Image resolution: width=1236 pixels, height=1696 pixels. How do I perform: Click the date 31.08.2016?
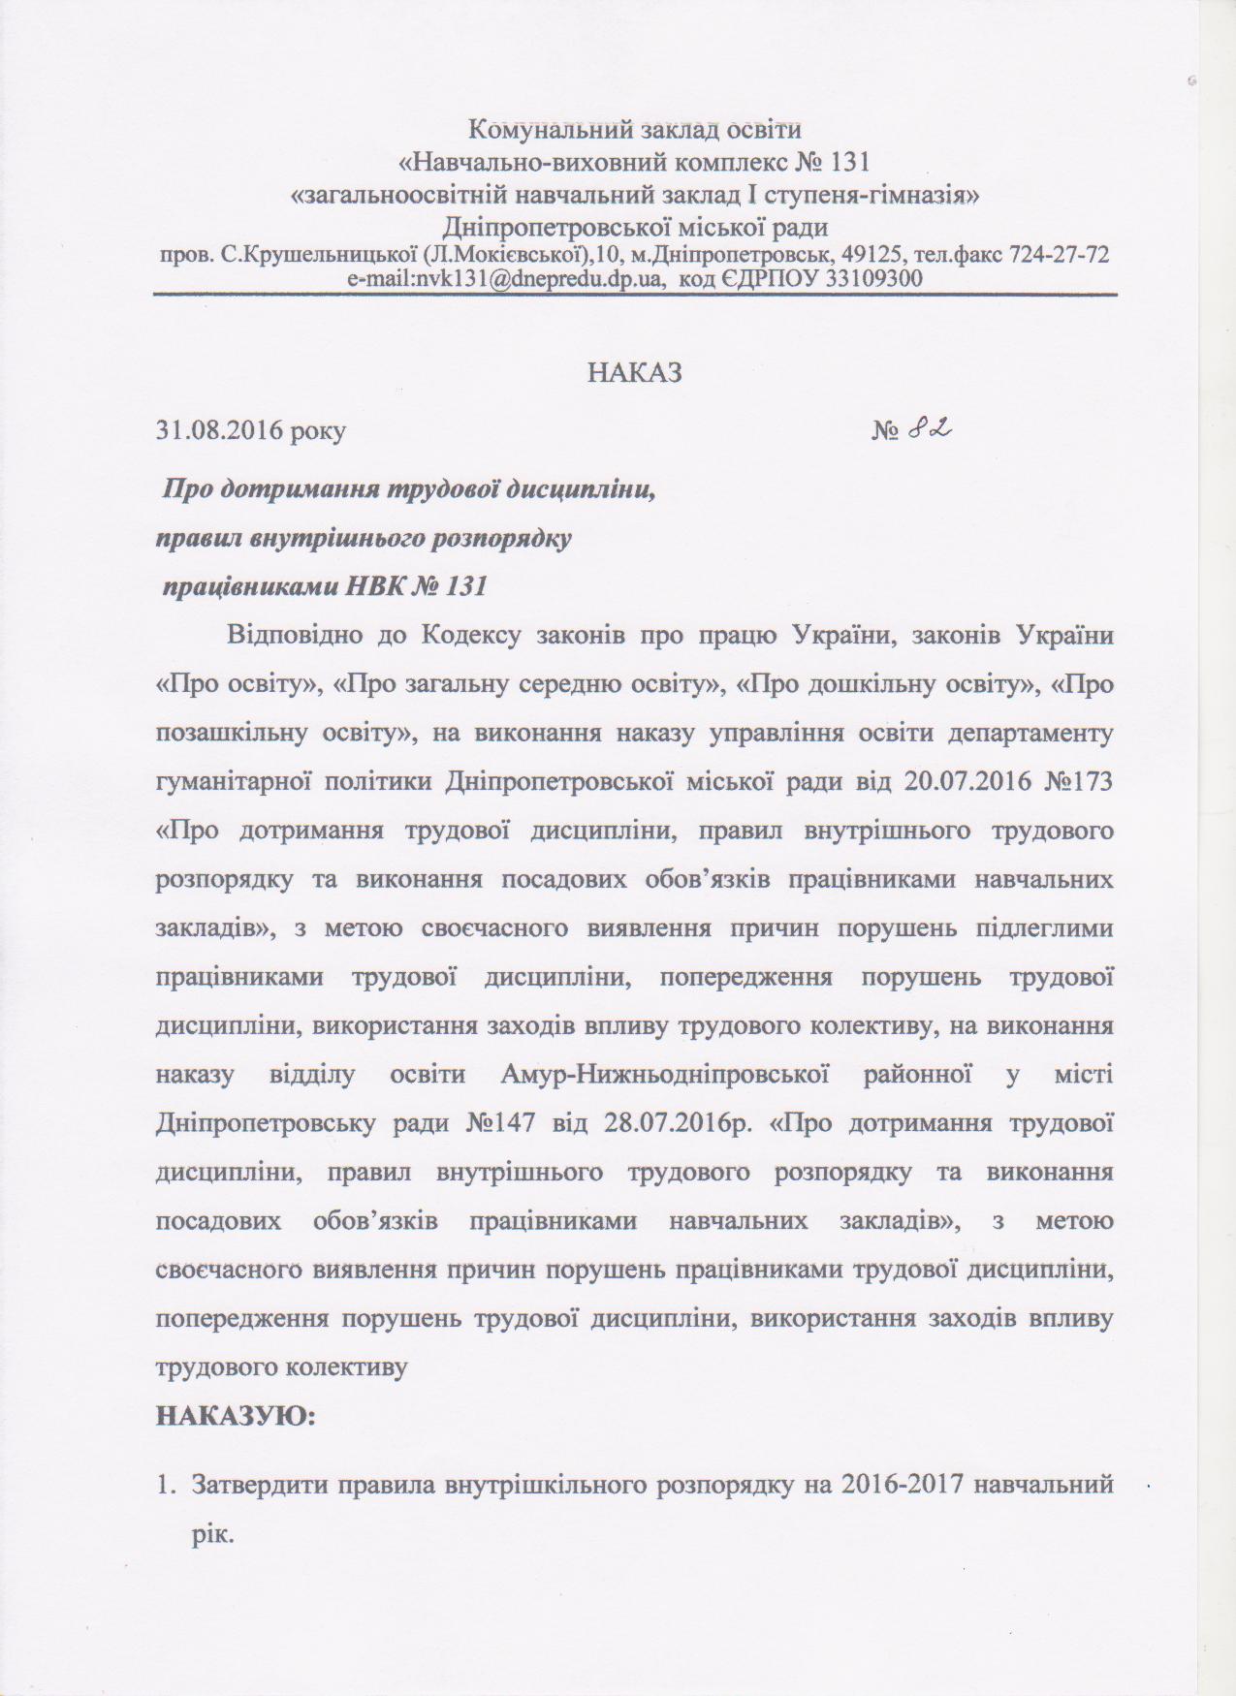214,431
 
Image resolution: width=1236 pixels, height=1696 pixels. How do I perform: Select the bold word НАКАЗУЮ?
237,1417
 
